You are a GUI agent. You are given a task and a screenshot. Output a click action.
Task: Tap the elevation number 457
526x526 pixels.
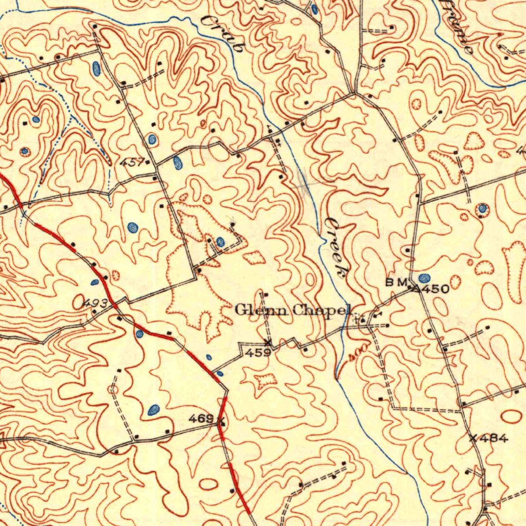click(132, 162)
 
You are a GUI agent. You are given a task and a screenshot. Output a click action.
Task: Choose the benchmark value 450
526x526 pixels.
click(437, 289)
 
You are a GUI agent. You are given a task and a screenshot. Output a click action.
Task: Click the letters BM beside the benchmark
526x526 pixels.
click(396, 281)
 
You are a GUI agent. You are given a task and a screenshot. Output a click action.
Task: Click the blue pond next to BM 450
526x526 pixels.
click(424, 278)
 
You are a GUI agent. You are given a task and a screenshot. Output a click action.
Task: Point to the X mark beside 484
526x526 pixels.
click(474, 438)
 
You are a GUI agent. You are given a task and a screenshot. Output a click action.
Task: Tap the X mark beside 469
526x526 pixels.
click(221, 422)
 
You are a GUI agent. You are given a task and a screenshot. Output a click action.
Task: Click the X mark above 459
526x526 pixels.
click(267, 342)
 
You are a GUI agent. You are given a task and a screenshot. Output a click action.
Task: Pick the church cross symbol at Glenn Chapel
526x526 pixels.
click(356, 318)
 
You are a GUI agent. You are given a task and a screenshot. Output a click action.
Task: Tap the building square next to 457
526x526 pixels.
click(148, 162)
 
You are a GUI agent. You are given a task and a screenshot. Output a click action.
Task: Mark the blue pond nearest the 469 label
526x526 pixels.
click(153, 409)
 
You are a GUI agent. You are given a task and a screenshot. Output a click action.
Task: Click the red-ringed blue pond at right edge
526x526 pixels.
click(482, 208)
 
